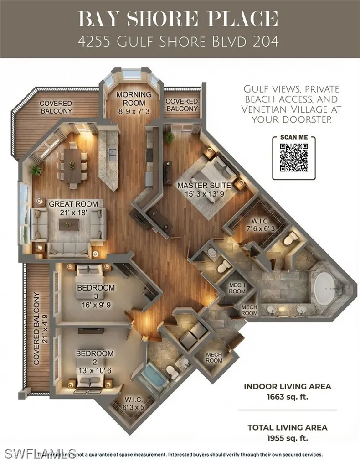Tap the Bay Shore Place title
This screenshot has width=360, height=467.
pos(178,19)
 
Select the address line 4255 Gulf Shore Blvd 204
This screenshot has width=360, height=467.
pos(178,42)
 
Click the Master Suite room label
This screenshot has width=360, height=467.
pos(204,189)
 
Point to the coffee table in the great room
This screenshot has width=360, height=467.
pos(69,224)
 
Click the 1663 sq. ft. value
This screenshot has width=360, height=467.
pos(288,396)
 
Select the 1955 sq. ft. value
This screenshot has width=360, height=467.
pos(288,437)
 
